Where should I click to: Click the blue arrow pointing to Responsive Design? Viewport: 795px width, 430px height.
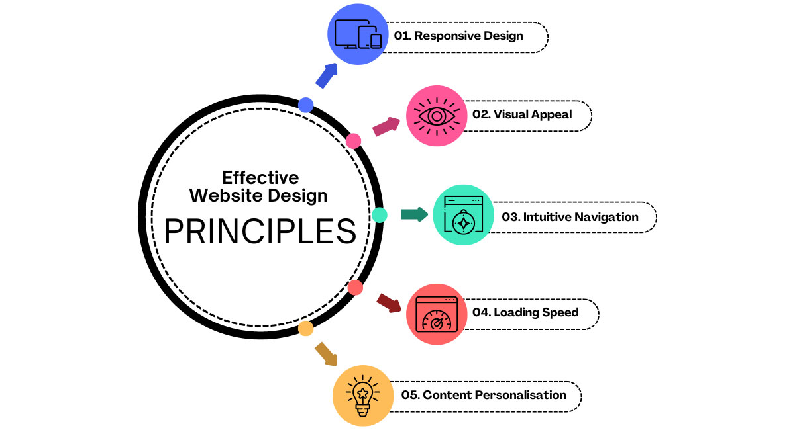[x=326, y=75]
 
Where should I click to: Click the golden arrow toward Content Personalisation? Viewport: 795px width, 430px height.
[x=325, y=353]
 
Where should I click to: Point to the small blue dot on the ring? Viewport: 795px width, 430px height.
[x=306, y=104]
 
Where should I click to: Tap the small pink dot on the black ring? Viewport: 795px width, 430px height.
[x=354, y=140]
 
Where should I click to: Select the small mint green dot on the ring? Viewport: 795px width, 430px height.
[x=379, y=215]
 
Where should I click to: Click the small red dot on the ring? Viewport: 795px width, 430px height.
[x=355, y=288]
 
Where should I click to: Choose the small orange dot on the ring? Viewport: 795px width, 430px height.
[x=305, y=328]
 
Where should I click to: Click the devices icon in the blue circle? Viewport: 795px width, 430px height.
[x=358, y=34]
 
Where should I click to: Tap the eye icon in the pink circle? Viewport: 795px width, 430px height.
[x=436, y=116]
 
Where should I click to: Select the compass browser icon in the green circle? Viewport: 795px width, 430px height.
[x=463, y=216]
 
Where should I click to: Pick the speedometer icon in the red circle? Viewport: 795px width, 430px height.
[x=436, y=314]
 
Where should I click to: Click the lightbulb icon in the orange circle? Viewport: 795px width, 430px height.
[x=362, y=396]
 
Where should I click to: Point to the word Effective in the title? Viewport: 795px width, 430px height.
[x=260, y=177]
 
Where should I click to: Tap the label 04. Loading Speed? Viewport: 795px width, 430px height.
[x=525, y=312]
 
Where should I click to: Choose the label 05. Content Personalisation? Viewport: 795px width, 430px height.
[x=484, y=395]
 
